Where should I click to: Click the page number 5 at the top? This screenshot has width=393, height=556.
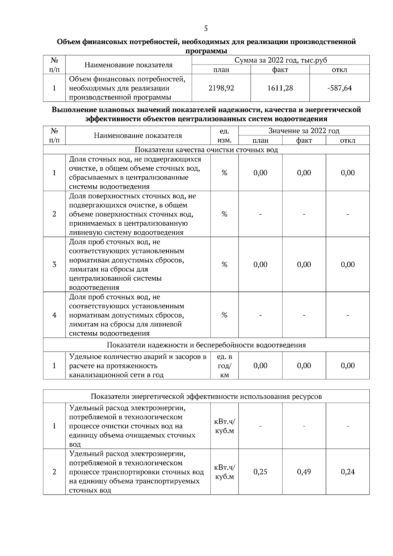pos(206,28)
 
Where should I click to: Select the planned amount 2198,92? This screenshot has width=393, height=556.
pos(221,88)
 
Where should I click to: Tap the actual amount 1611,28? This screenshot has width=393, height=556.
pos(280,88)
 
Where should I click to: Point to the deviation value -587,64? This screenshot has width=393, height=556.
pos(339,88)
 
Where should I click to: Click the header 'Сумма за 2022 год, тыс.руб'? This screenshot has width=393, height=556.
pos(281,60)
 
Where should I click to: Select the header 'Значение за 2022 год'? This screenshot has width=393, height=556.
pos(304,131)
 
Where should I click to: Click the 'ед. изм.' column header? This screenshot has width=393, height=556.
pos(224,136)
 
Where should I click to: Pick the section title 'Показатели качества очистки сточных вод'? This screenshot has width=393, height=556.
pos(206,150)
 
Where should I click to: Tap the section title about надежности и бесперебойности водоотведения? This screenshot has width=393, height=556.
pos(206,345)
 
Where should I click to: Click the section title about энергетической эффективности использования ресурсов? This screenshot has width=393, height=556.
pos(206,397)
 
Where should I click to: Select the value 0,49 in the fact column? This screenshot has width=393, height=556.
pos(304,472)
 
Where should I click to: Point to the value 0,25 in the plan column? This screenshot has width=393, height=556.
pos(260,472)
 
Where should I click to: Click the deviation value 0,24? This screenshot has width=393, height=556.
pos(348,472)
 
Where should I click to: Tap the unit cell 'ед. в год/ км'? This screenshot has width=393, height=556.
pos(224,366)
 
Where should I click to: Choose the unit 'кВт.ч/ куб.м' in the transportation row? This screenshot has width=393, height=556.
pos(224,472)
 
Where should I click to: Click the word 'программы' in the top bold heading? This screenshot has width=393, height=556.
pos(206,51)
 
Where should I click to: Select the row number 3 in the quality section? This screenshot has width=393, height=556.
pos(54,265)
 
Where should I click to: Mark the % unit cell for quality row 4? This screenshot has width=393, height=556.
pos(224,315)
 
